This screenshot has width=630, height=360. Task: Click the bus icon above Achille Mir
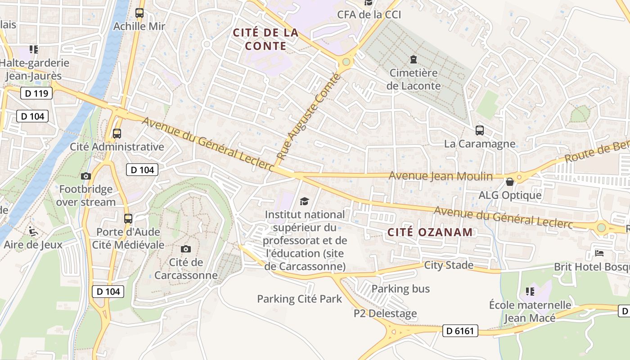click(139, 13)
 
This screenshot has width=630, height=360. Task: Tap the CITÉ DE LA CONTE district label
click(265, 39)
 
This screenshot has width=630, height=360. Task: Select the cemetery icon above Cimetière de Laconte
click(413, 59)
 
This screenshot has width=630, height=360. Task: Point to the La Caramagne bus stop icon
click(480, 130)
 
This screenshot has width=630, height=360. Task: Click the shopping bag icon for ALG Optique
click(510, 182)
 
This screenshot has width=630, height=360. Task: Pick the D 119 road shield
click(36, 94)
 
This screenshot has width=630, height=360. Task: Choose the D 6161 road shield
click(460, 331)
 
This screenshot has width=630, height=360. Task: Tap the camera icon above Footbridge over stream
click(86, 176)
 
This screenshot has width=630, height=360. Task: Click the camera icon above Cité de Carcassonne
click(185, 249)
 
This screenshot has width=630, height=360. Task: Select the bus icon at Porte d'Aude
click(128, 219)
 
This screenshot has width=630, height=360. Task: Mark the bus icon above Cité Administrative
click(117, 133)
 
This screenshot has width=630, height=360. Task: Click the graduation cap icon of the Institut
click(305, 201)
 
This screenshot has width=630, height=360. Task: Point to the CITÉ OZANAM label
click(430, 232)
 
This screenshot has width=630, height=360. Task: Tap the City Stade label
click(449, 265)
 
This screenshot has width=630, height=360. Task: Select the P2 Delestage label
click(385, 314)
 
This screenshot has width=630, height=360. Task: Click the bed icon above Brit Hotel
click(599, 253)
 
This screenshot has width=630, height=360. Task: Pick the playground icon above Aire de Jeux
click(33, 231)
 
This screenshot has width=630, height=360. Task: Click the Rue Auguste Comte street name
click(308, 118)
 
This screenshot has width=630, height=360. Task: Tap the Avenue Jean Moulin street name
click(441, 176)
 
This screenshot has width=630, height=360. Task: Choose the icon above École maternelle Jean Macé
click(530, 292)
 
